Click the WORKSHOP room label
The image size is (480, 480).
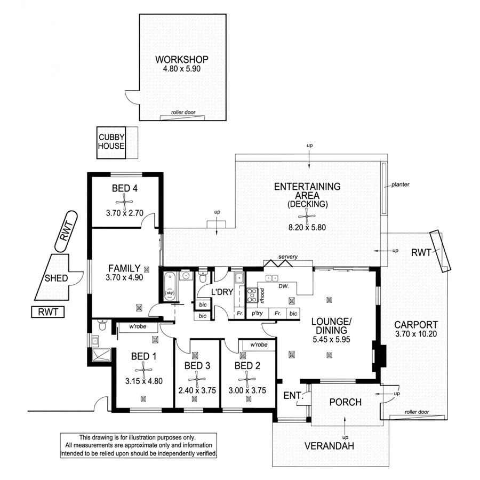click(x=181, y=59)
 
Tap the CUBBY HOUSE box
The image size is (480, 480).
click(x=111, y=142)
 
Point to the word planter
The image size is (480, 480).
click(x=399, y=185)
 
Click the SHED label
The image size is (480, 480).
click(x=56, y=278)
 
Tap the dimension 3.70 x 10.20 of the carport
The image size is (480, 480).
click(x=416, y=334)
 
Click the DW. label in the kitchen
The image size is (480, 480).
click(x=283, y=286)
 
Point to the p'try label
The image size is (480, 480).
click(x=258, y=314)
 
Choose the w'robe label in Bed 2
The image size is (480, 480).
click(x=258, y=345)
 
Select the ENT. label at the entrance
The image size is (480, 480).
click(x=293, y=396)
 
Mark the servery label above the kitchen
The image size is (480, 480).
click(x=287, y=257)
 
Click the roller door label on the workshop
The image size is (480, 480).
click(x=182, y=113)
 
